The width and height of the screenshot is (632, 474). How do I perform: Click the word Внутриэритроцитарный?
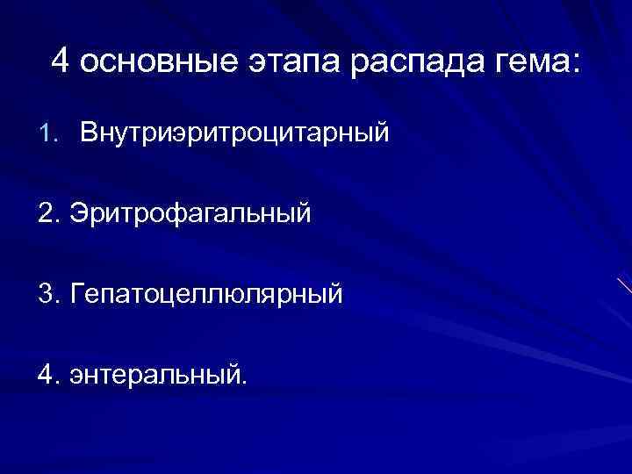(234, 134)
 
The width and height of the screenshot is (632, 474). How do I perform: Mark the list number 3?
(48, 293)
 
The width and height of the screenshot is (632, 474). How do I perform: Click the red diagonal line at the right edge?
(623, 284)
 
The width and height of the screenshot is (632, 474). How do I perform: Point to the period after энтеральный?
(245, 382)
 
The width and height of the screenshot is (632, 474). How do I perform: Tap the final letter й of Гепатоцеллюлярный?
(334, 292)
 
